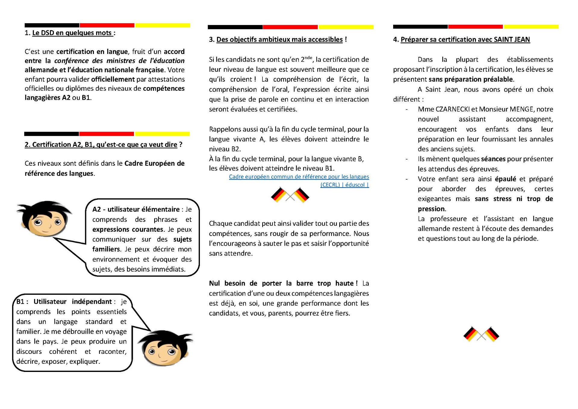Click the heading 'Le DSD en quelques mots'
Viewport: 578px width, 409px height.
(72, 33)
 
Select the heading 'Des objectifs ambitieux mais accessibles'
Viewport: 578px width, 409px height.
(279, 39)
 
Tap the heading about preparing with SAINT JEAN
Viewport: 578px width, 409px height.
(465, 39)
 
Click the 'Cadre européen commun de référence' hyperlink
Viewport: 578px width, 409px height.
(299, 177)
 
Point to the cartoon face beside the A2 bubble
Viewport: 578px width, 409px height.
(45, 219)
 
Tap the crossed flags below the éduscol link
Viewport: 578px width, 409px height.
(290, 195)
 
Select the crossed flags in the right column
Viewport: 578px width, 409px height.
(481, 334)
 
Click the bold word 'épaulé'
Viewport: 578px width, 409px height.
(505, 179)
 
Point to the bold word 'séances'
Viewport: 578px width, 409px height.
(493, 159)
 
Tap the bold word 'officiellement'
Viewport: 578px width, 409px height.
(113, 79)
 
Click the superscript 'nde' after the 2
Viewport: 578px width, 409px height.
(308, 58)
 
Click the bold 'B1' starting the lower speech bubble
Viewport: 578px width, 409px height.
(21, 302)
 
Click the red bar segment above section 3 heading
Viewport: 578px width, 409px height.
(290, 27)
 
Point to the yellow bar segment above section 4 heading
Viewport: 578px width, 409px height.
(531, 27)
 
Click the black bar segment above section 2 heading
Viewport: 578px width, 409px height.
(51, 134)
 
